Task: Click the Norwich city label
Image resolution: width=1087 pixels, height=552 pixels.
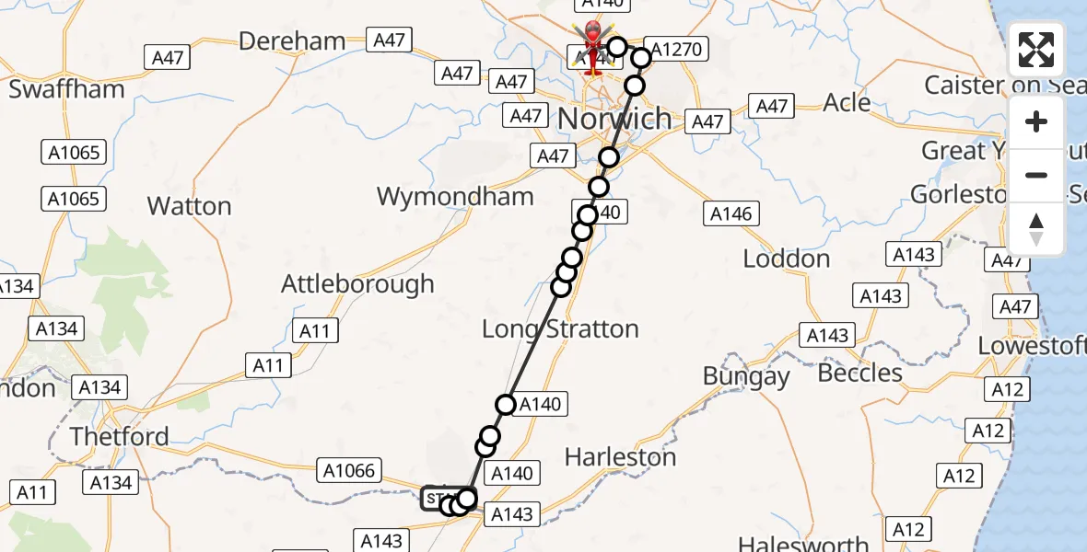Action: coord(615,119)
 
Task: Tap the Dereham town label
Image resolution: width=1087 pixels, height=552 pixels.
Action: coord(292,41)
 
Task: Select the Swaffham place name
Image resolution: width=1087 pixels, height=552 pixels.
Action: coord(66,89)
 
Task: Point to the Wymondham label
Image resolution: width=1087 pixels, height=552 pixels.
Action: coord(455,196)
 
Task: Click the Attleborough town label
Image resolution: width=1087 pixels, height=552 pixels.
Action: coord(357,283)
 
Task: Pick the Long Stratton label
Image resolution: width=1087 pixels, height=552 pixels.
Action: coord(560,328)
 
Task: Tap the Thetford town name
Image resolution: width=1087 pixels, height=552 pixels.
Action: coord(120,436)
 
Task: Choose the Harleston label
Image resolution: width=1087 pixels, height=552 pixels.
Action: coord(620,456)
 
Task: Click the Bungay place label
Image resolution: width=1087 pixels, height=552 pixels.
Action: coord(746,375)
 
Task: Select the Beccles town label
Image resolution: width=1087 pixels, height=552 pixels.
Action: coord(859,373)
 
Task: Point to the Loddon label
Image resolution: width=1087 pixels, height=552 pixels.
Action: coord(786,259)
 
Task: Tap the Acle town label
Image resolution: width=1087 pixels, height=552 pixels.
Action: coord(847,102)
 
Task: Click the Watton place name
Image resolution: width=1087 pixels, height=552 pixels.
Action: coord(189,206)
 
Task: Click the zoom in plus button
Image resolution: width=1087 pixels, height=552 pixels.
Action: coord(1036,121)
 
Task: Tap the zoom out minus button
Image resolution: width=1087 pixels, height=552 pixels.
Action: coord(1036,175)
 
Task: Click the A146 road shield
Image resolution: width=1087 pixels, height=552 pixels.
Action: coord(731,214)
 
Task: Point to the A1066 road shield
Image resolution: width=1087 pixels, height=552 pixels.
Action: coord(349,471)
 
